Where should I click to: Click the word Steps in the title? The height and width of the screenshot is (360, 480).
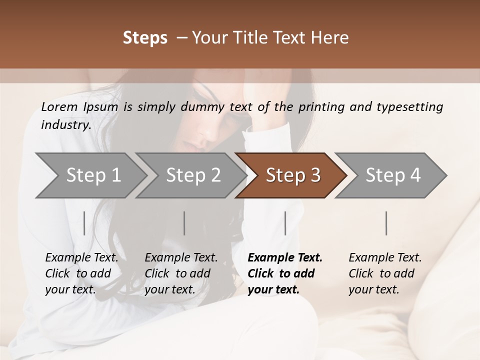(x=145, y=38)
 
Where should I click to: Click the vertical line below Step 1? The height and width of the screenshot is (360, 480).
(x=84, y=223)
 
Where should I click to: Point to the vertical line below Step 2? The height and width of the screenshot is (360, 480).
(x=184, y=223)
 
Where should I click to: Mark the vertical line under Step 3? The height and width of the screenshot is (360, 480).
(x=285, y=223)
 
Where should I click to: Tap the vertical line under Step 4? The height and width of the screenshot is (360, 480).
(x=386, y=223)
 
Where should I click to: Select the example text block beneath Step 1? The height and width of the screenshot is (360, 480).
(x=81, y=273)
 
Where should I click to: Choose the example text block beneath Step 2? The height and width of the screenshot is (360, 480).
(x=181, y=273)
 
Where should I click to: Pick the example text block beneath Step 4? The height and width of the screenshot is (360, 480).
(x=385, y=273)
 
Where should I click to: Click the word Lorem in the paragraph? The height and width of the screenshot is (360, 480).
(x=59, y=107)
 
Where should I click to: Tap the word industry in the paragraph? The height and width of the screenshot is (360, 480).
(x=66, y=125)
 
